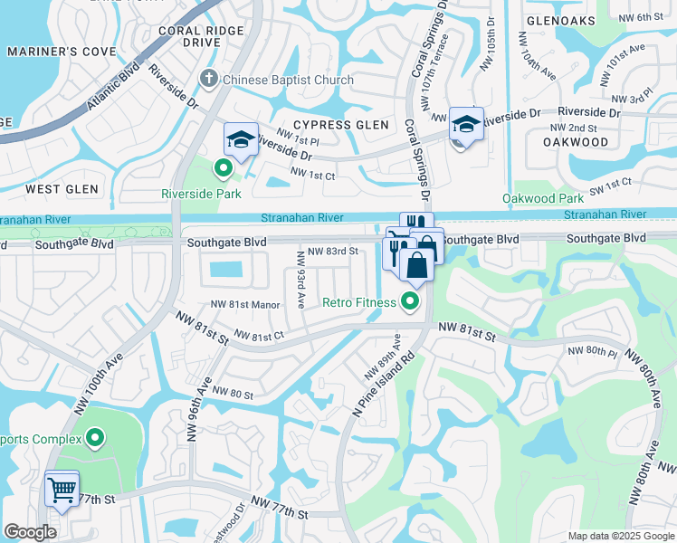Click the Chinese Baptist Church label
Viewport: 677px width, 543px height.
click(x=289, y=80)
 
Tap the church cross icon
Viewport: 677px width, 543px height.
click(x=210, y=80)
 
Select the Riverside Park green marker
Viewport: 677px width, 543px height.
click(x=222, y=167)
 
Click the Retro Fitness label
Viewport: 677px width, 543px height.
click(x=359, y=302)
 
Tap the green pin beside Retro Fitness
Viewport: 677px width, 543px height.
click(x=411, y=302)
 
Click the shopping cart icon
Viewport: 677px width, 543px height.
click(x=62, y=490)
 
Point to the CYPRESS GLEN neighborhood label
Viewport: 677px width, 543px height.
click(x=340, y=125)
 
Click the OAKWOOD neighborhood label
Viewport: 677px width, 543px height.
click(x=576, y=142)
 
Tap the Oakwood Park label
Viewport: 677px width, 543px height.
click(x=543, y=198)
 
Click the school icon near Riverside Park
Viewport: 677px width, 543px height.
click(x=241, y=139)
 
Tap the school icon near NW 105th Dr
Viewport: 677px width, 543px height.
click(x=466, y=124)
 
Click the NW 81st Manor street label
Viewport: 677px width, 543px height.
click(x=245, y=305)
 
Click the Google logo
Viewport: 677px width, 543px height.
click(x=30, y=532)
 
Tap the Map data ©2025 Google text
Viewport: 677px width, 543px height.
click(x=621, y=536)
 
